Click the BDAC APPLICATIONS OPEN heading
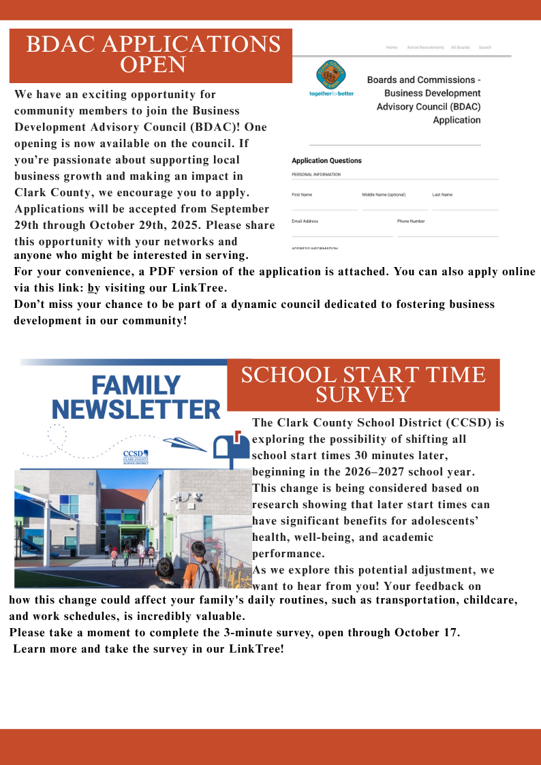click(x=153, y=54)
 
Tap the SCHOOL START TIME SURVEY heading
click(x=363, y=384)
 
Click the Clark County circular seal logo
click(x=331, y=74)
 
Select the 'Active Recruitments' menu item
click(x=425, y=48)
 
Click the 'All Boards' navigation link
click(x=460, y=48)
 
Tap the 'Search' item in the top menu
click(x=484, y=48)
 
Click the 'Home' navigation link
click(x=392, y=48)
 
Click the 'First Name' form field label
click(x=302, y=195)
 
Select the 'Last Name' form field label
click(x=442, y=195)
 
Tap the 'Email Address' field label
click(x=305, y=221)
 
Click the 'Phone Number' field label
click(x=411, y=221)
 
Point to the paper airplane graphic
click(x=185, y=443)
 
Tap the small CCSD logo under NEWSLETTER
click(x=135, y=456)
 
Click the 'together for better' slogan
click(x=331, y=93)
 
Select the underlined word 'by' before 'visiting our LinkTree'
click(x=93, y=288)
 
